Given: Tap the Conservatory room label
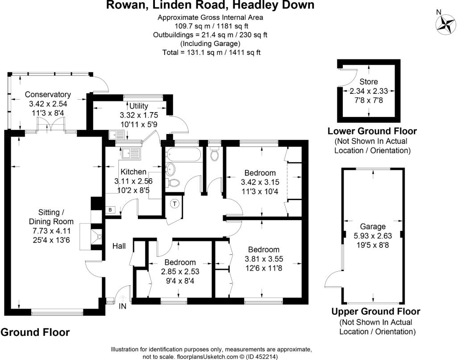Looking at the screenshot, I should point(48,94).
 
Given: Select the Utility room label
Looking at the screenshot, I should point(138,106).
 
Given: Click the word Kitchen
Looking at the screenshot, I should point(133,172).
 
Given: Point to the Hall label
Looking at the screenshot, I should point(119,246).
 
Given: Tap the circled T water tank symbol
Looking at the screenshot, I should point(174,204).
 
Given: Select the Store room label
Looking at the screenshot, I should point(369,82).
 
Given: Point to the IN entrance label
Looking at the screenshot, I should point(123,306).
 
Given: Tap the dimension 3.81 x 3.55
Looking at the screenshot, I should point(264,259).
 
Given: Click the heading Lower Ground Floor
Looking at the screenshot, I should point(372,131).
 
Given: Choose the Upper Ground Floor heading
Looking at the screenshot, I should point(376,312).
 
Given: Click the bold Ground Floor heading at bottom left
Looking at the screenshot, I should point(35,332).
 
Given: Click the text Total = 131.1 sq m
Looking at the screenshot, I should point(194,52).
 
